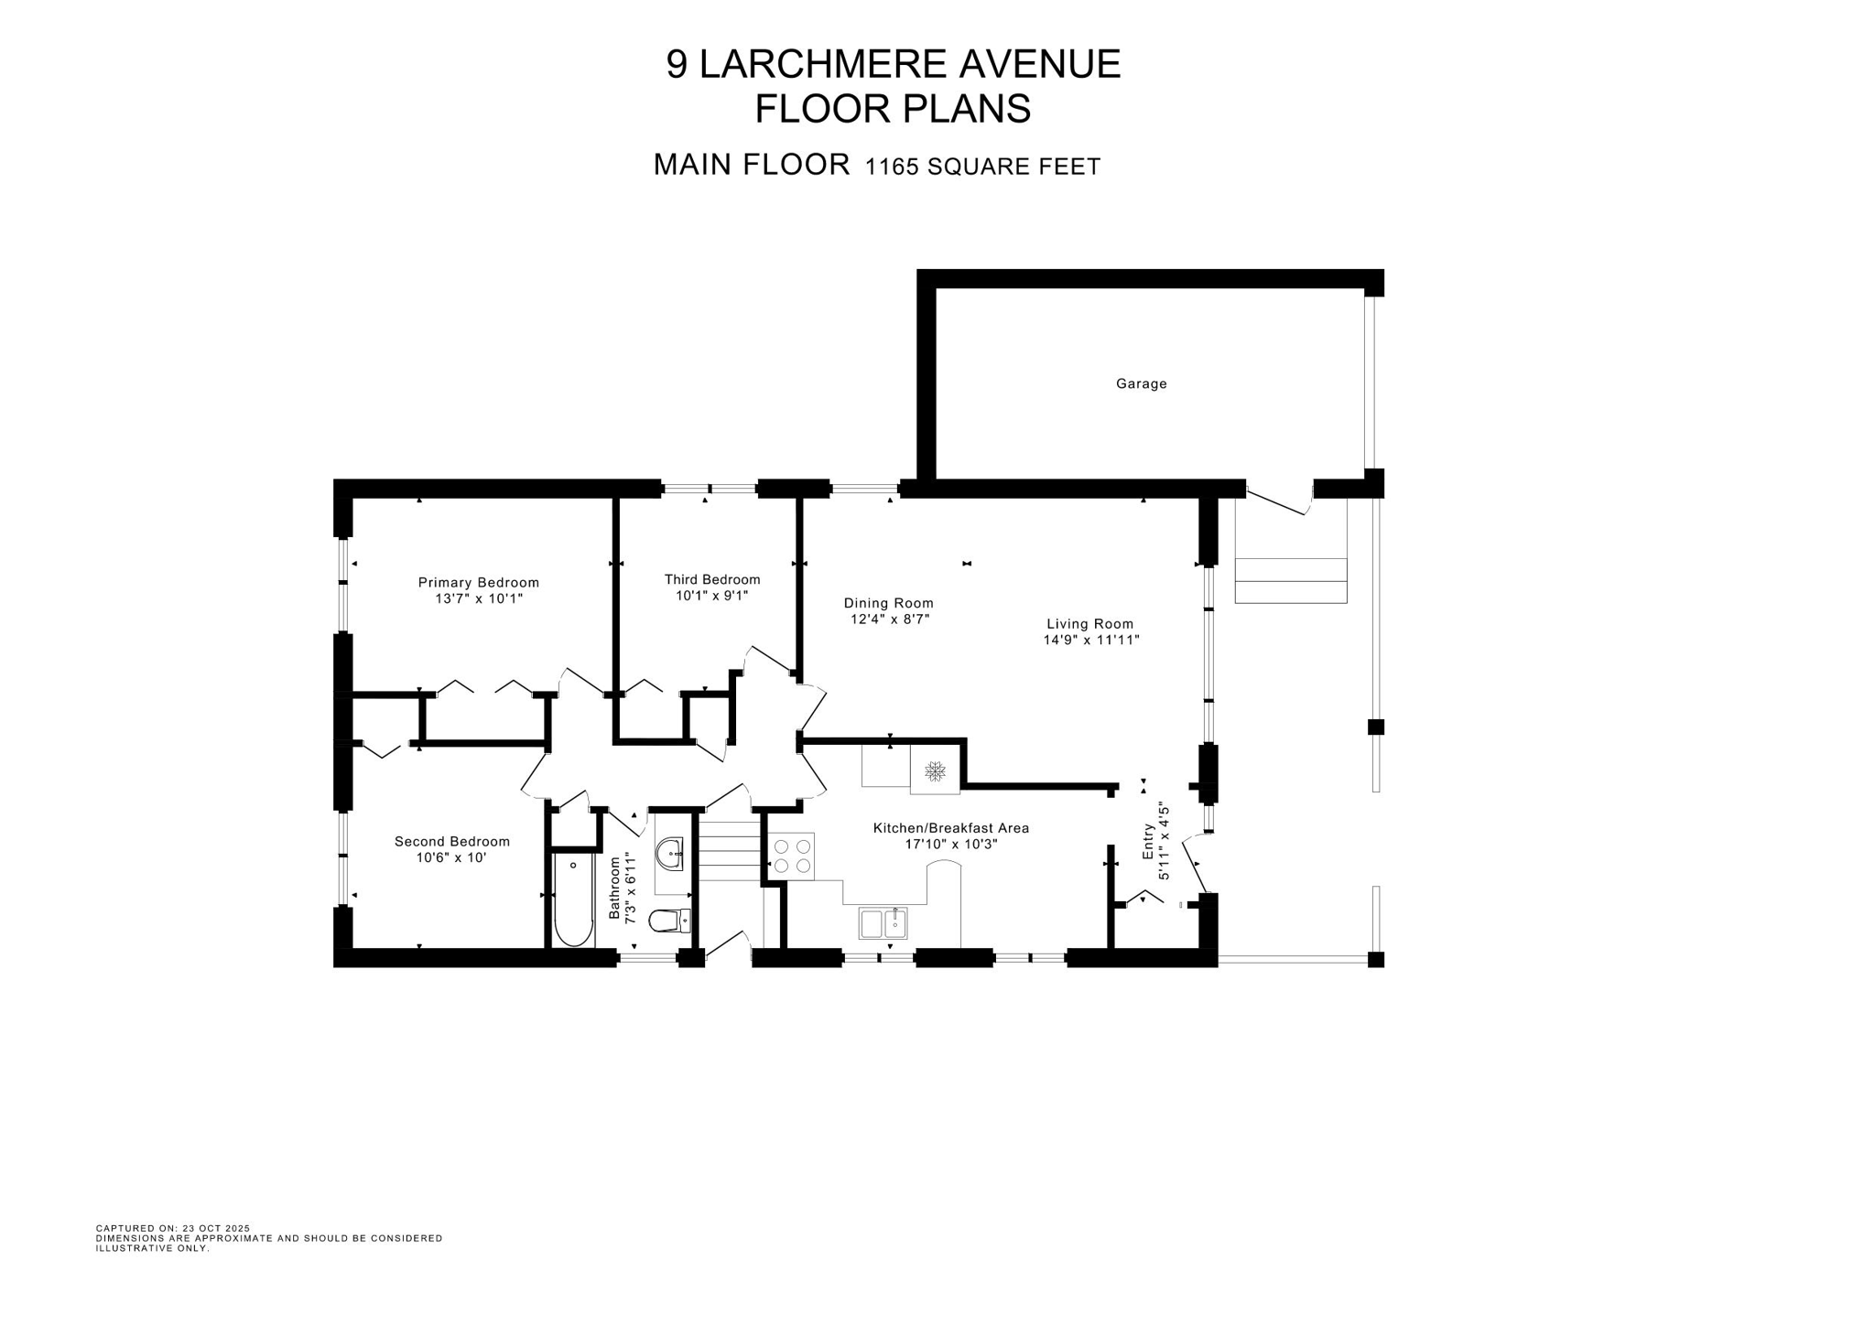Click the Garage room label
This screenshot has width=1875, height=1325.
point(1141,384)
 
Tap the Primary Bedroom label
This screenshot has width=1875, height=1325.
point(479,583)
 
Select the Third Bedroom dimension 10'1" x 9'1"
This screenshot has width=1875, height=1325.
point(712,596)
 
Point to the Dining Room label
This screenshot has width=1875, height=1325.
point(888,603)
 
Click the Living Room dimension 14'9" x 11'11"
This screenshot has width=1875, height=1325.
point(1091,641)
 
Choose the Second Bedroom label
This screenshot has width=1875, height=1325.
point(452,842)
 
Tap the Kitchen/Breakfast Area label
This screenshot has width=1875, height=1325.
point(951,828)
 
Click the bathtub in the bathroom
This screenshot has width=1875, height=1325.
point(574,900)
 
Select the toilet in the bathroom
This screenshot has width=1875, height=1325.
point(669,919)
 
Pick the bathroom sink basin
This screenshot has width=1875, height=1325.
point(671,855)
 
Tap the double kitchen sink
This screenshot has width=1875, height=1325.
point(883,923)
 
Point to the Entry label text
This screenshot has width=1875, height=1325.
point(1148,841)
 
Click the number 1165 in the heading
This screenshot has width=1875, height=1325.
point(892,167)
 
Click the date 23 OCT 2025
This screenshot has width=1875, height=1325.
point(216,1228)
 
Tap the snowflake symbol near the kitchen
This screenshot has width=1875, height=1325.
point(935,771)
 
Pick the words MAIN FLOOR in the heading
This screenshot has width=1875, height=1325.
point(752,165)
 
